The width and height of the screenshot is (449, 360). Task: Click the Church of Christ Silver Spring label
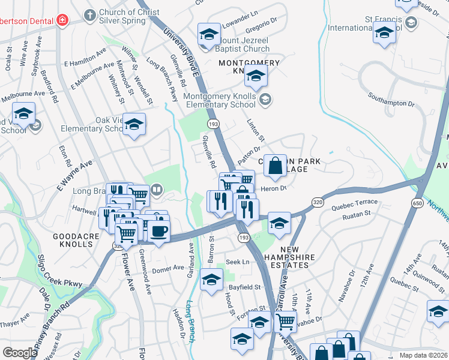[122, 16]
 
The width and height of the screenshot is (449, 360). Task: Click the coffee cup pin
[158, 232]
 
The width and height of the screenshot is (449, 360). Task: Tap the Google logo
[20, 353]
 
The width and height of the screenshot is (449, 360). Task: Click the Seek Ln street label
[237, 262]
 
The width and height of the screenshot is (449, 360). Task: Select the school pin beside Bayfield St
[211, 280]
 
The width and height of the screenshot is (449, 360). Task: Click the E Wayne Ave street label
[74, 174]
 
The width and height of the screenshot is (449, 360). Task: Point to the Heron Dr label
[274, 188]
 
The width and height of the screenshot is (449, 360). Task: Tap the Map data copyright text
[423, 355]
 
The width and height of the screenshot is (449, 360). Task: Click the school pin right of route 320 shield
[279, 224]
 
